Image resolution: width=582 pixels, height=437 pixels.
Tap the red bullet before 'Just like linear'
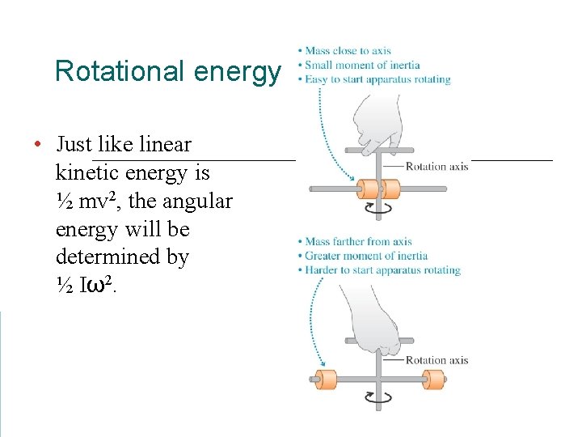click(37, 145)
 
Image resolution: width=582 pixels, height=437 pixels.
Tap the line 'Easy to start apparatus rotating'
click(377, 79)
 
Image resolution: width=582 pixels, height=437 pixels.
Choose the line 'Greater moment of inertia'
click(366, 256)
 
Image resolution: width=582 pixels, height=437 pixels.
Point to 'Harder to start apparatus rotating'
click(382, 270)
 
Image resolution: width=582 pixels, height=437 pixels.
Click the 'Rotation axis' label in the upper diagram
click(436, 167)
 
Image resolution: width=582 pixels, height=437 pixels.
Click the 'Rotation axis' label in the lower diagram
click(436, 360)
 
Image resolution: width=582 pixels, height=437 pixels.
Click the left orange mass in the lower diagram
click(325, 379)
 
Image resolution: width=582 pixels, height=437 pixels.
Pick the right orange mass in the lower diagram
click(435, 379)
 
